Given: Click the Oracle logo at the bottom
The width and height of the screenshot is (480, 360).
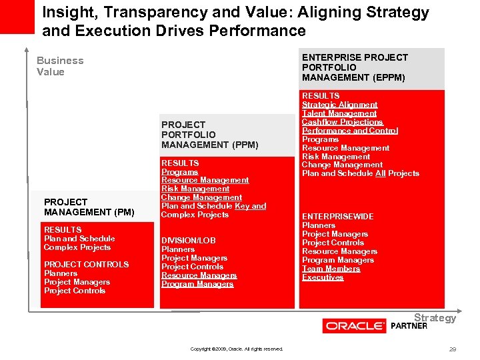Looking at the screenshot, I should [x=354, y=326].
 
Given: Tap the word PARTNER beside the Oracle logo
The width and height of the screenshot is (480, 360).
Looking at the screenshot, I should [x=409, y=326].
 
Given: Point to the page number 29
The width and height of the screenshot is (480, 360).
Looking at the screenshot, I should [x=453, y=349].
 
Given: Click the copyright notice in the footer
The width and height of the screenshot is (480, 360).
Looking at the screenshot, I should [x=237, y=349].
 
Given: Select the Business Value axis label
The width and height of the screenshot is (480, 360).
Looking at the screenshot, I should [x=60, y=66].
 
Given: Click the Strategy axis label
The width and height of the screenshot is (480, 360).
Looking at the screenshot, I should [x=435, y=317].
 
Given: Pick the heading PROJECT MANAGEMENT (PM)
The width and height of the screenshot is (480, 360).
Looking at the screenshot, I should [x=89, y=207].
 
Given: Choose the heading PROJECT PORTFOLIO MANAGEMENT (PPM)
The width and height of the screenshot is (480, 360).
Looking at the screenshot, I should [x=209, y=135].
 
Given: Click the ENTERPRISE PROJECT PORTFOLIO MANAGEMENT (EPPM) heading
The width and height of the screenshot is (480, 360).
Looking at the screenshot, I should [x=355, y=67].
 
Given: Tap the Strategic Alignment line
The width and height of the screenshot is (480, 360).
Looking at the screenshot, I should [x=339, y=105].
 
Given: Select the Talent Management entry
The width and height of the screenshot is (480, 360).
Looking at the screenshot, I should [x=339, y=113].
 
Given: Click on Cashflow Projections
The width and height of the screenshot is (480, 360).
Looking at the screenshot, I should [x=342, y=122].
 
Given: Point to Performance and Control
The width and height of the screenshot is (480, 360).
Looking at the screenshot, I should [x=349, y=131].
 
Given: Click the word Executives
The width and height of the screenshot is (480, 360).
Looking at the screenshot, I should [x=323, y=277].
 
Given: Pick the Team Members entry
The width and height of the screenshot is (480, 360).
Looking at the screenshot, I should [x=331, y=269].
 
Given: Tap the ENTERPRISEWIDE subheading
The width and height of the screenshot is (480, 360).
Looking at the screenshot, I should [x=337, y=217].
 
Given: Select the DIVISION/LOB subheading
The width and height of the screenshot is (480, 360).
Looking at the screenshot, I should [x=188, y=241].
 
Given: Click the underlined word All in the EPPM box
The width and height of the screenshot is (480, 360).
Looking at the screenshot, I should [x=380, y=173].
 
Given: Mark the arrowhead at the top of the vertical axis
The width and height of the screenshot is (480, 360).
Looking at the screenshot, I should [x=27, y=50].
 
